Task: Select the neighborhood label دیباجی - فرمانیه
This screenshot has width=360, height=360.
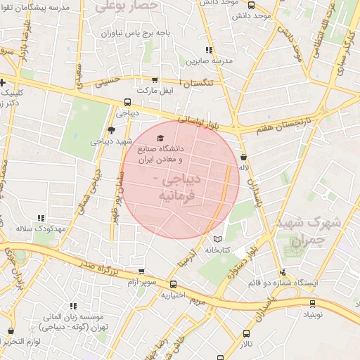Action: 176,187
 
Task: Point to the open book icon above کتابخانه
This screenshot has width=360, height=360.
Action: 225,237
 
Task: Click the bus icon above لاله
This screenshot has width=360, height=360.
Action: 243,157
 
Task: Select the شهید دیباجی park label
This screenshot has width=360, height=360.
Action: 110,141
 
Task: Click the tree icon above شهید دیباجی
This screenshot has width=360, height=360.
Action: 111,129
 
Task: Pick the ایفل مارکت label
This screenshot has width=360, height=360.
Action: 155,91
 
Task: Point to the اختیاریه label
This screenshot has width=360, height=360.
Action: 173,295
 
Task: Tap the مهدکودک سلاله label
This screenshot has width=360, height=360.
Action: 41,230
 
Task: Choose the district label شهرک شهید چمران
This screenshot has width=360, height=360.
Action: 309,231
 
